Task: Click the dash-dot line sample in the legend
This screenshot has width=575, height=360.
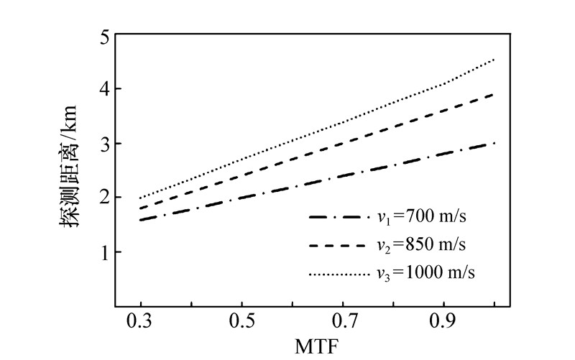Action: (x=336, y=216)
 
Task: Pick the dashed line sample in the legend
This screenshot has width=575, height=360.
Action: (x=336, y=244)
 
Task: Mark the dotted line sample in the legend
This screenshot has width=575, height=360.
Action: (x=336, y=273)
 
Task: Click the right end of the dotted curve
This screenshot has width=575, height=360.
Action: (x=495, y=60)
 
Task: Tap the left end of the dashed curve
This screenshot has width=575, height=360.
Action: (x=141, y=208)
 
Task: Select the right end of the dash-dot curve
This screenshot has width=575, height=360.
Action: (x=495, y=144)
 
